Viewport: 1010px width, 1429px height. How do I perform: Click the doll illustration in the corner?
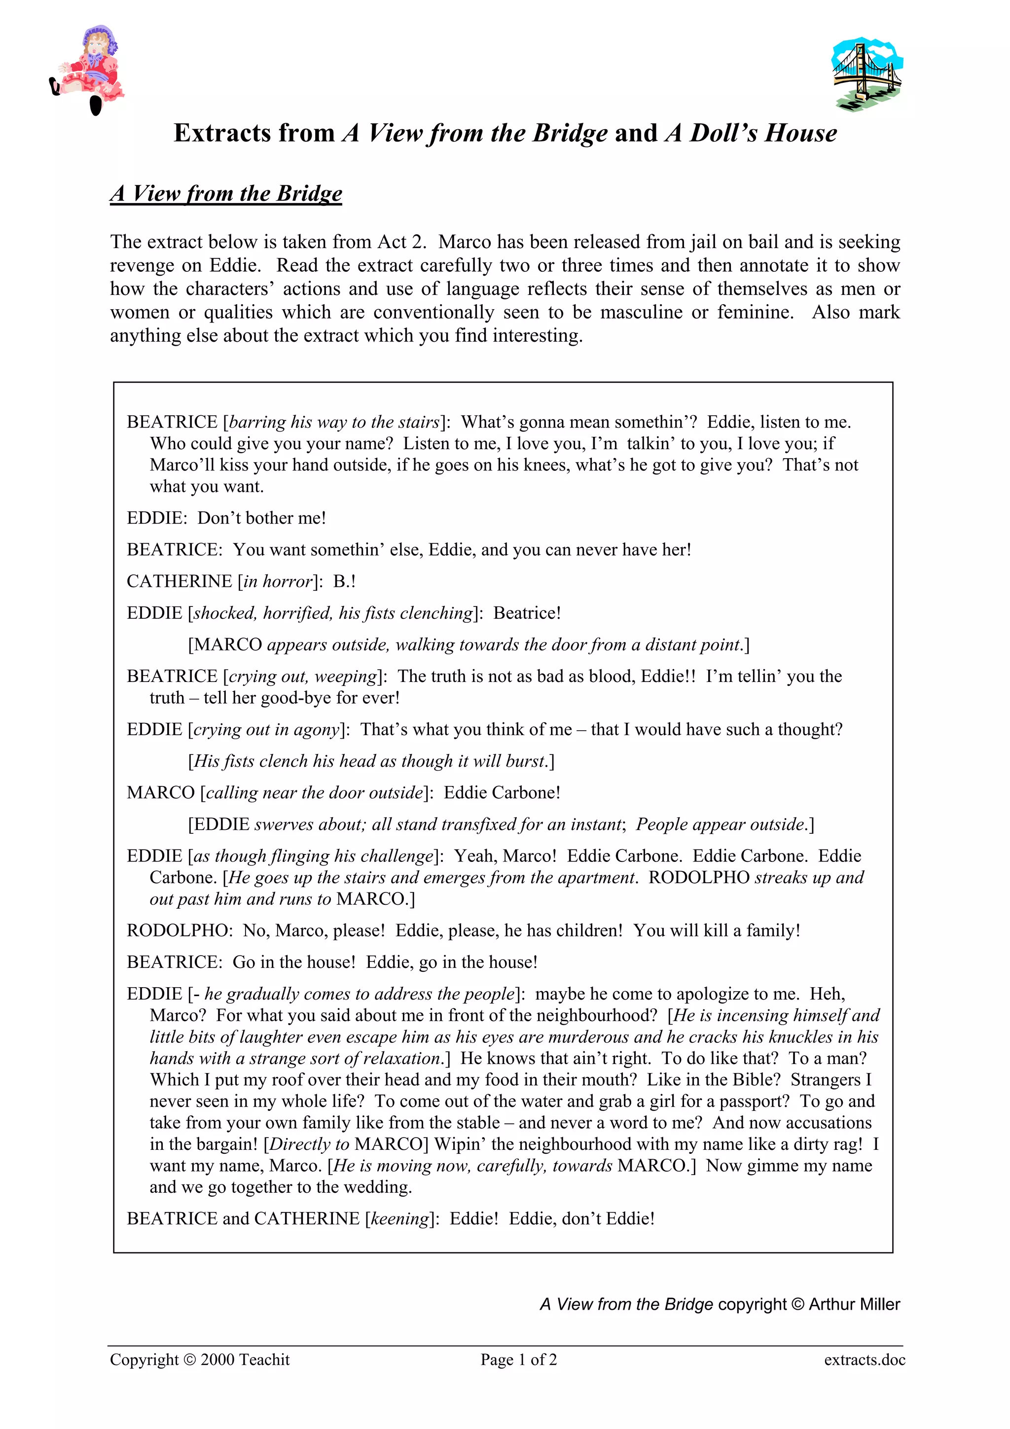coord(88,69)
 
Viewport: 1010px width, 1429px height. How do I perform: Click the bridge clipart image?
coord(866,74)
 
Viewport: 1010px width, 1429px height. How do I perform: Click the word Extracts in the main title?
coord(254,133)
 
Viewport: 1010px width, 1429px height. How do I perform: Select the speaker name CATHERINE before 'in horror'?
coord(179,581)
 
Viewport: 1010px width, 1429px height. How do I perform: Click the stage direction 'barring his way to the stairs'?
coord(334,422)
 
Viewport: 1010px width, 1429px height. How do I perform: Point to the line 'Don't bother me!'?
coord(261,518)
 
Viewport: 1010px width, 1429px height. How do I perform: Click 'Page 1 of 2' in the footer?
coord(518,1360)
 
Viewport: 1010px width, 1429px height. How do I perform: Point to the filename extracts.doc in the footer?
coord(865,1360)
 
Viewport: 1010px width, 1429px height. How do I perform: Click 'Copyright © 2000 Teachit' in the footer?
coord(200,1360)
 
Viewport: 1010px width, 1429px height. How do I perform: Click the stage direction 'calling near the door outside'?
coord(314,793)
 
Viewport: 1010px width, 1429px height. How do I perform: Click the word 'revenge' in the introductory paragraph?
coord(141,265)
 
